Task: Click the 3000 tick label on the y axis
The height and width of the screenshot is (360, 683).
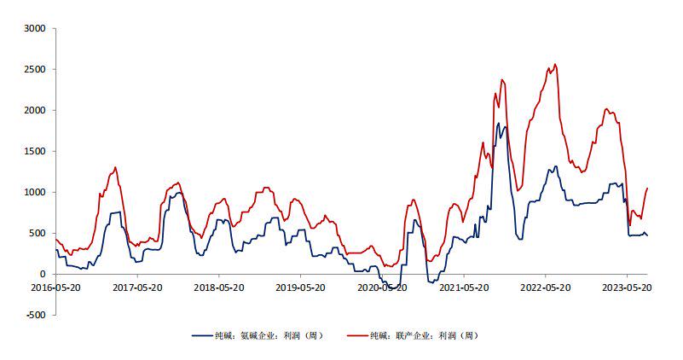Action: (36, 29)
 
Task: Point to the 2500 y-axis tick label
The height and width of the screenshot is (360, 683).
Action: (36, 70)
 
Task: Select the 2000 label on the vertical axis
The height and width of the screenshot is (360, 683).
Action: (36, 111)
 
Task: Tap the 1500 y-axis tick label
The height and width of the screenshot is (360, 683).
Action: (36, 152)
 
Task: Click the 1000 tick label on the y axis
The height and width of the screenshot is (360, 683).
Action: (36, 193)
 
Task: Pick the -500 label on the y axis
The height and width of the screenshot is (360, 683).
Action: (36, 316)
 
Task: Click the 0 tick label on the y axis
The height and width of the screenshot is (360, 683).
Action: (43, 275)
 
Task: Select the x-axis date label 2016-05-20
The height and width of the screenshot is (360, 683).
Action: (55, 288)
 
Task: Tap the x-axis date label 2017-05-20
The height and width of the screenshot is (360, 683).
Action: (137, 288)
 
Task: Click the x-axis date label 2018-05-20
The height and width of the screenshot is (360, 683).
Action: (218, 288)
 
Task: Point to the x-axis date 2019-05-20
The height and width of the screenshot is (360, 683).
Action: (300, 288)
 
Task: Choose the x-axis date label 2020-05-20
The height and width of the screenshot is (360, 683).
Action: (382, 288)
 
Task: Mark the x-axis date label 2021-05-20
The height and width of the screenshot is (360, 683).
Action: (464, 288)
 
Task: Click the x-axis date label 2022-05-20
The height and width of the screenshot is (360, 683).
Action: (545, 288)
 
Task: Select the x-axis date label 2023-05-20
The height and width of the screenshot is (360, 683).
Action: (627, 288)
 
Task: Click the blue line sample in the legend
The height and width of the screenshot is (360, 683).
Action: (202, 336)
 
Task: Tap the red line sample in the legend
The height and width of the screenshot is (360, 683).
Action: (357, 336)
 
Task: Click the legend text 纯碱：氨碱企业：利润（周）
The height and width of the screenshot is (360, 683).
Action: (269, 336)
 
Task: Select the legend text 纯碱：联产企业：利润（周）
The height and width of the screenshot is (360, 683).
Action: (425, 336)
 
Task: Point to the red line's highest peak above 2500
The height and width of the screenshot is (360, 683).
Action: (555, 65)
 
